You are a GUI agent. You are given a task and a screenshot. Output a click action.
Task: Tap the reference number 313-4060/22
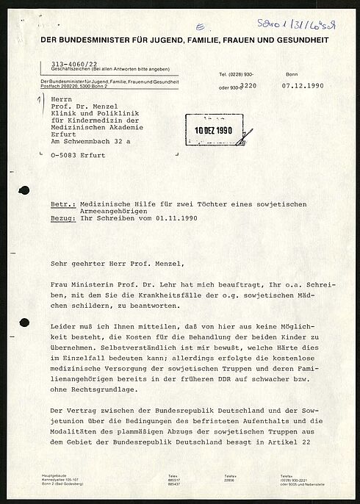(72, 65)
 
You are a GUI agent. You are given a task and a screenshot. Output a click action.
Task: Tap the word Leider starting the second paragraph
(57, 325)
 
